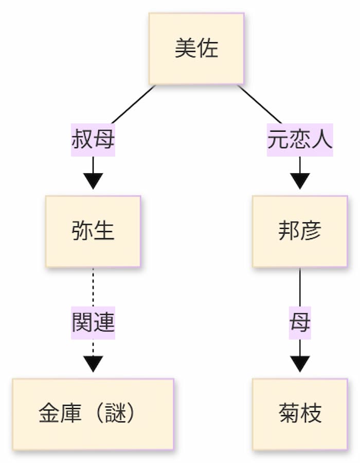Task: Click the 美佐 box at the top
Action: click(x=196, y=49)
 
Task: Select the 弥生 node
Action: click(x=93, y=232)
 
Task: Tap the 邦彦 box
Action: click(x=300, y=232)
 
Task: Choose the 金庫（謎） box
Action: click(x=93, y=414)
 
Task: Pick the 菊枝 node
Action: click(x=300, y=414)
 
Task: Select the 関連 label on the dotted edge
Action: click(x=93, y=323)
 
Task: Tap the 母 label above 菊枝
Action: click(x=300, y=323)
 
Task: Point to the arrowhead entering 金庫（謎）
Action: click(x=93, y=364)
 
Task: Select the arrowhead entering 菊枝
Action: click(x=300, y=364)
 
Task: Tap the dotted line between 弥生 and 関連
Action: click(x=93, y=288)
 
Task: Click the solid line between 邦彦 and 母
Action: click(x=300, y=288)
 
